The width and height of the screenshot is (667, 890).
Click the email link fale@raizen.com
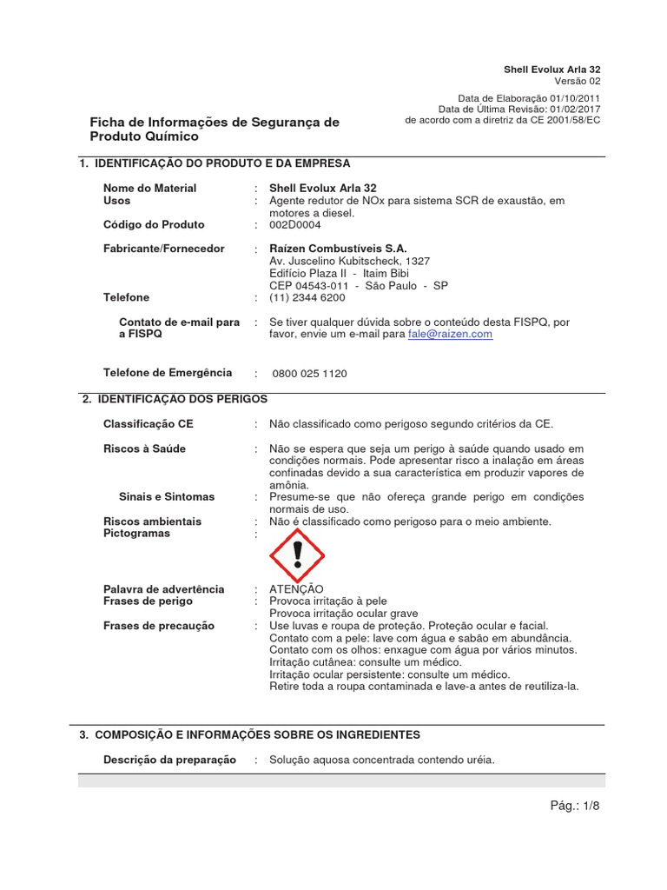coord(450,334)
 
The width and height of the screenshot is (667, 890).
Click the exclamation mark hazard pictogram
coord(297,555)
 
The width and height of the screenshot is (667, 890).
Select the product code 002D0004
coord(295,224)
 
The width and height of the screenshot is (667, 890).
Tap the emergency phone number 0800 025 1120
coord(309,374)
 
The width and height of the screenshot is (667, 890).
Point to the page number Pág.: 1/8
coord(575,806)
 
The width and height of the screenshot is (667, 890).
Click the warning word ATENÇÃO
coord(296,589)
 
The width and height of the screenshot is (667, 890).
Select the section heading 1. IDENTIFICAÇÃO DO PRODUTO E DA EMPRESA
coord(215,163)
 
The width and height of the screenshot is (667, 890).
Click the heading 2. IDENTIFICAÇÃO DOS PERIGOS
coord(175,399)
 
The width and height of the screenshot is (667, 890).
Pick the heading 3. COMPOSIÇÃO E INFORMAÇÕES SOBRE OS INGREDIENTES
coord(249,734)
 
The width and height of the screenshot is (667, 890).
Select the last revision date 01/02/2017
coord(573,109)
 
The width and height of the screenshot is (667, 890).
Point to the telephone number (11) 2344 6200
coord(307,297)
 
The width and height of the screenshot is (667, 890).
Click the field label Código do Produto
coord(154,224)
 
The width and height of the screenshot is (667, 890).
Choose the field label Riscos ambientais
coord(152,521)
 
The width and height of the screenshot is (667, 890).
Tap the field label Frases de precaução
coord(159,626)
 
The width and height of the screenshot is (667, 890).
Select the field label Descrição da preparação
coord(169,760)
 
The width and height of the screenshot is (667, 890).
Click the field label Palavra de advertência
coord(163,589)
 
